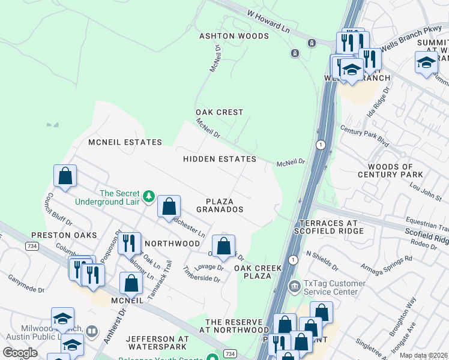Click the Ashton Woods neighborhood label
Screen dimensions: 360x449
pos(234,37)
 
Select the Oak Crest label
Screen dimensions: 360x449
pos(220,112)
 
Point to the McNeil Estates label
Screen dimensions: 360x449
pos(125,142)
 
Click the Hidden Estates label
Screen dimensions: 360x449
pos(220,159)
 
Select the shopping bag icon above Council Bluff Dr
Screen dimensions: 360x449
pos(65,176)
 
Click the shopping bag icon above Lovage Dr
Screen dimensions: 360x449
pos(223,245)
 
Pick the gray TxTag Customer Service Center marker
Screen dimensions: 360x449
pos(294,285)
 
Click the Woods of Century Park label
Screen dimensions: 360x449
pos(390,170)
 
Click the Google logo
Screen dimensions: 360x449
pos(20,352)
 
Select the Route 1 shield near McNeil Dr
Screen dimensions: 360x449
pos(322,145)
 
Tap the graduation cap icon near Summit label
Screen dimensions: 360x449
pos(426,62)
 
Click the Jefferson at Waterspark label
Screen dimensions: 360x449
pos(157,343)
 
